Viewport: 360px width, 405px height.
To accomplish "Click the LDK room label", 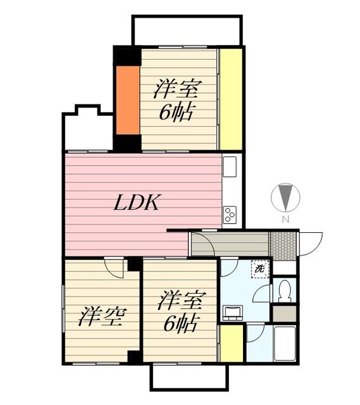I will tap(139, 204).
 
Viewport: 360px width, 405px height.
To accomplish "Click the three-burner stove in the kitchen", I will tap(230, 215).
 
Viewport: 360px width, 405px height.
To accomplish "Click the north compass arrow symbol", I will tap(285, 197).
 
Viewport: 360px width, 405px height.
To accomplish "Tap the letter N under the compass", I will tap(285, 220).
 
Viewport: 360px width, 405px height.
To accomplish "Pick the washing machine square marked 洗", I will tap(260, 268).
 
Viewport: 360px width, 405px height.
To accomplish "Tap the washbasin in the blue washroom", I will tap(233, 312).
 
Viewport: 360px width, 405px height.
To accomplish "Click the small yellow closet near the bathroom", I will tap(231, 342).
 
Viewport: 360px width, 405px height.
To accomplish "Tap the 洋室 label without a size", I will tap(100, 315).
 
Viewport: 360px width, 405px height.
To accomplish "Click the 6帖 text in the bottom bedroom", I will tap(178, 324).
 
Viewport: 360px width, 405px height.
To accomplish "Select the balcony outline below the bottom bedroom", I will tap(189, 378).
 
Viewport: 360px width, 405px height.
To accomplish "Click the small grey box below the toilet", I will tap(284, 313).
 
